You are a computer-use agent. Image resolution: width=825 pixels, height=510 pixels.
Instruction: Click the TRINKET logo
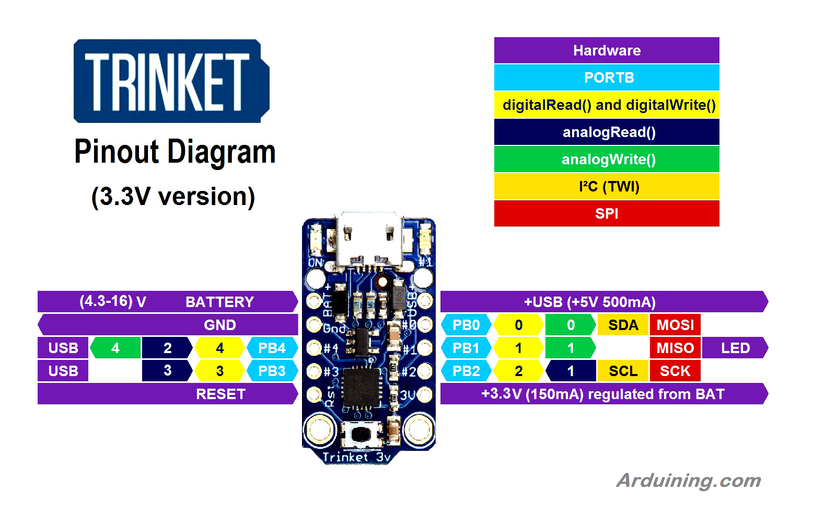tap(171, 81)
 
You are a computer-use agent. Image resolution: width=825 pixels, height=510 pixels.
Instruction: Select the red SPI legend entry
tap(606, 213)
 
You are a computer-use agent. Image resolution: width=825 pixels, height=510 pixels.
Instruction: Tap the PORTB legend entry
tap(606, 77)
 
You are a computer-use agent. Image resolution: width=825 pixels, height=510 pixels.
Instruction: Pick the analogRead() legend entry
tap(606, 132)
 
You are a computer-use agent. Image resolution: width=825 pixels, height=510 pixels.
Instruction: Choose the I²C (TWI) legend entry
tap(606, 186)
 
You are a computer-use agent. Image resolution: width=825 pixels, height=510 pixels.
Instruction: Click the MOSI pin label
tap(675, 325)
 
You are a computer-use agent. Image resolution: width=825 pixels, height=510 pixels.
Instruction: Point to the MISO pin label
tap(675, 348)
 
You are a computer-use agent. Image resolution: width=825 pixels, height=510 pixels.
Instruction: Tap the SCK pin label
tap(675, 371)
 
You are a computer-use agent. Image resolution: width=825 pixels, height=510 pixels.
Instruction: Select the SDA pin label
tap(623, 325)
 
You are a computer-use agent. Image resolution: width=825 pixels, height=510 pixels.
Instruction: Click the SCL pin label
tap(623, 371)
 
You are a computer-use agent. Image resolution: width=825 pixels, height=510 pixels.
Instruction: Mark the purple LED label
tap(735, 348)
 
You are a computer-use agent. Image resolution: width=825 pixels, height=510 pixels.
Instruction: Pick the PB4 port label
tap(272, 348)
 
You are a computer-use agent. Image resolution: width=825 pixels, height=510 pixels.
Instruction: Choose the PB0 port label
tap(466, 325)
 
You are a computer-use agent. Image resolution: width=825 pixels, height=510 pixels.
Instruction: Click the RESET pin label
tap(220, 394)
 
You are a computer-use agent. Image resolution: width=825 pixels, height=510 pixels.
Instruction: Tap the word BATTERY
tap(219, 302)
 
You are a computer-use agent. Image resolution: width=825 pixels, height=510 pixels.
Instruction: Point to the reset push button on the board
tap(361, 434)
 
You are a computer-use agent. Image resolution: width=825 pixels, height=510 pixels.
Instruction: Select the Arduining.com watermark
tap(688, 480)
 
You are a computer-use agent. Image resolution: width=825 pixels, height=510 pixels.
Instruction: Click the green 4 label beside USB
tap(115, 348)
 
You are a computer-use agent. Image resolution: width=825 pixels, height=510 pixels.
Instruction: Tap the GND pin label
tap(219, 325)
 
